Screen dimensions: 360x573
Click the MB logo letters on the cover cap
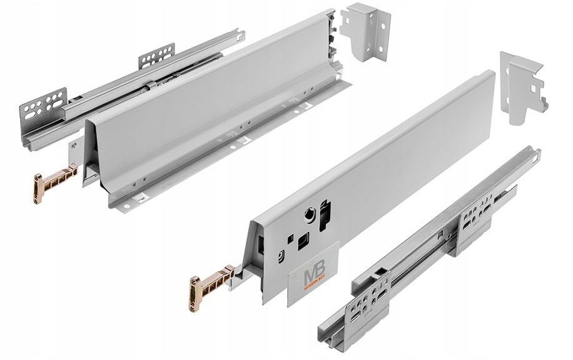click(x=312, y=274)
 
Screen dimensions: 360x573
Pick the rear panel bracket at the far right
click(x=522, y=88)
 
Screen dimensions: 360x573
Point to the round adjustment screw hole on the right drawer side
click(x=309, y=214)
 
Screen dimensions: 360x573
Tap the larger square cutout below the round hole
click(x=303, y=240)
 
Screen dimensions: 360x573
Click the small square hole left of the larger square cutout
click(x=289, y=239)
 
